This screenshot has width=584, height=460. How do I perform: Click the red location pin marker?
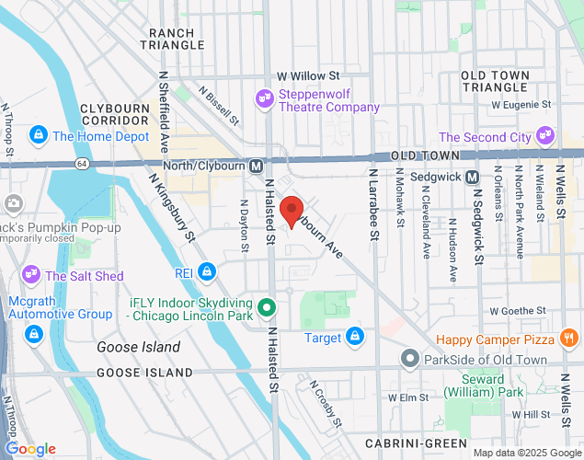tap(292, 211)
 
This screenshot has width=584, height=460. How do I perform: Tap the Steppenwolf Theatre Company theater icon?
tap(264, 96)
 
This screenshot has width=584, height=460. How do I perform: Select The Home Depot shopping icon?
tap(39, 135)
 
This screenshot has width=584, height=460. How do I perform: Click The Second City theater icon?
tap(545, 136)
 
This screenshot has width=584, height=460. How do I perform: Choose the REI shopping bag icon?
tap(208, 273)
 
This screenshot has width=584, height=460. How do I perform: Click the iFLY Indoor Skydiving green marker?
tap(267, 307)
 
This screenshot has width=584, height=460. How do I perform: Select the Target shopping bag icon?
tap(354, 338)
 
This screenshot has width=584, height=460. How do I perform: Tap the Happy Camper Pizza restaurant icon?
tap(570, 339)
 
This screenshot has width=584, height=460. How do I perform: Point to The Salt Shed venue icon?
tap(31, 274)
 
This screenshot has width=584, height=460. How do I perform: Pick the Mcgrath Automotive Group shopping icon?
tap(35, 333)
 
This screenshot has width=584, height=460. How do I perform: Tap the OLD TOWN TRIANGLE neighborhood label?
tap(495, 81)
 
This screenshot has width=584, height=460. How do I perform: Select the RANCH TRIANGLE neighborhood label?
tap(170, 39)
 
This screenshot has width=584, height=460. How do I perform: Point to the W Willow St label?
tap(309, 76)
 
